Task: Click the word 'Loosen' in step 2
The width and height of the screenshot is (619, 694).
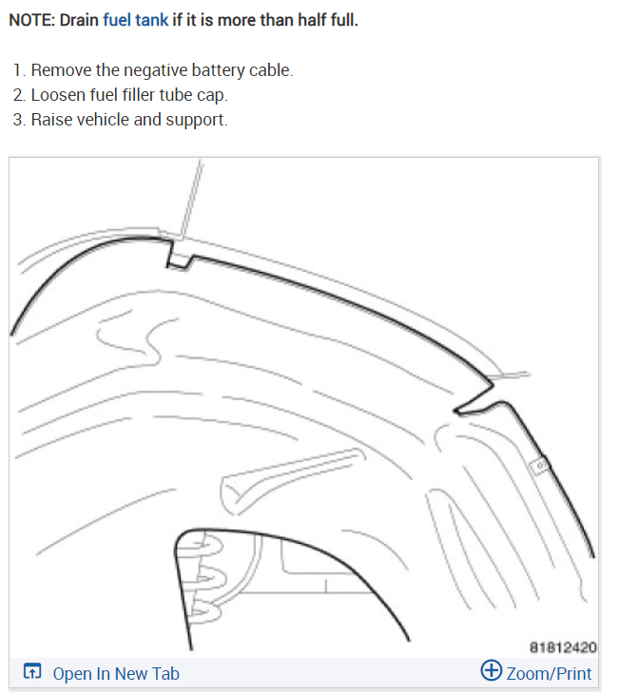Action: click(56, 96)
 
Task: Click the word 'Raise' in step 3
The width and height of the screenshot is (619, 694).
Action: click(51, 121)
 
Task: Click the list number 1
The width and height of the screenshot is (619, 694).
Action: click(19, 71)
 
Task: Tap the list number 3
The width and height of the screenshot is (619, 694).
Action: click(19, 121)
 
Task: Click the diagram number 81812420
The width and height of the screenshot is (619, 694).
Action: click(564, 648)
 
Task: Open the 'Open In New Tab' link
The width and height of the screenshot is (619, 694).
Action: click(115, 674)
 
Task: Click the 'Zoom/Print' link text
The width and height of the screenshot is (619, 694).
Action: click(549, 674)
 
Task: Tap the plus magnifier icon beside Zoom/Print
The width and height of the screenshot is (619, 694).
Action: click(492, 671)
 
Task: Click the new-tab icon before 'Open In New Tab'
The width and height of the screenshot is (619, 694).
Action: click(32, 673)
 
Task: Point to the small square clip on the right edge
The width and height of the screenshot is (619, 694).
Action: click(537, 467)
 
